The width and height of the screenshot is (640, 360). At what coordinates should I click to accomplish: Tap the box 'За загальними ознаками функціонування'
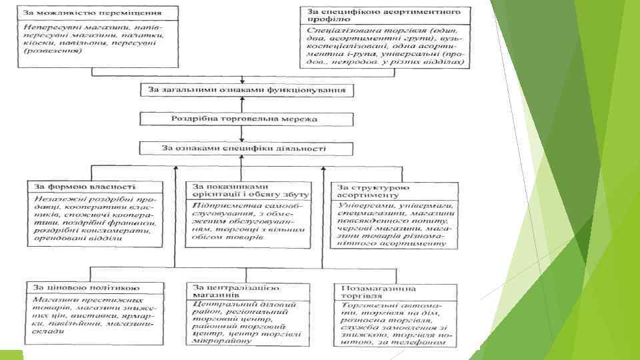click(247, 91)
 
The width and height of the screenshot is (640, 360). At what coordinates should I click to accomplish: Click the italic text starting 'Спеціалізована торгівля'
click(385, 46)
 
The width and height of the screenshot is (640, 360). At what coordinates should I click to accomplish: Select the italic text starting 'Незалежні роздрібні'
click(94, 219)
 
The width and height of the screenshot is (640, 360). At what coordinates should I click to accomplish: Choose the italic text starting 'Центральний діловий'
click(244, 323)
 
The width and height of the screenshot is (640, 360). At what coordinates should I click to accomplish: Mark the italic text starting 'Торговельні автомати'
click(392, 323)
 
